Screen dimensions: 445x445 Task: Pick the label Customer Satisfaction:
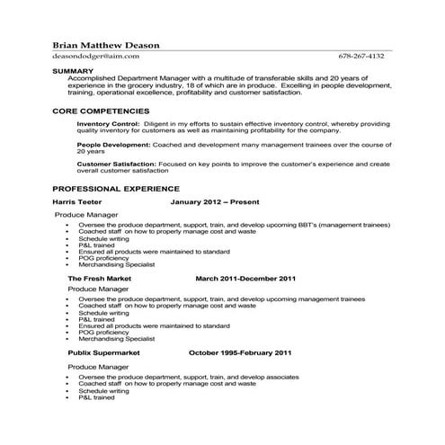(x=116, y=164)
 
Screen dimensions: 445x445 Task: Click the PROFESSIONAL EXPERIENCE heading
(x=116, y=189)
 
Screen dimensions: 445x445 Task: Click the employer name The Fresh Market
(x=101, y=280)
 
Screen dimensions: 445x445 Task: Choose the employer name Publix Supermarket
(x=105, y=353)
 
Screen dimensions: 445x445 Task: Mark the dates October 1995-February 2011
(x=239, y=353)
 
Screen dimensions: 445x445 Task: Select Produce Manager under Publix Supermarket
(x=100, y=367)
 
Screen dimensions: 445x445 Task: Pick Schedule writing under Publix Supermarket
(x=103, y=391)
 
